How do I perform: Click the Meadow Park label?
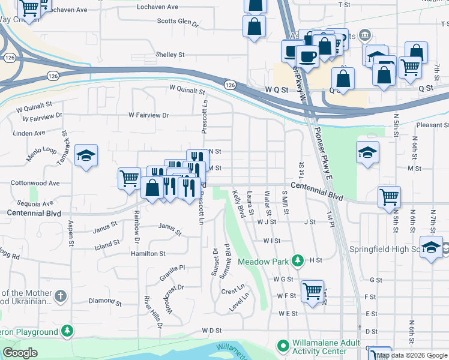[264, 262]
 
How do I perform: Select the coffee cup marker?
[308, 57]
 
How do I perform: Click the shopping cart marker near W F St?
[312, 292]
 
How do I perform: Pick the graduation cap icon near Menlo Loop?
[86, 155]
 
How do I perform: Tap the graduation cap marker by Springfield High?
[431, 247]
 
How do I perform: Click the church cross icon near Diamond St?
[60, 296]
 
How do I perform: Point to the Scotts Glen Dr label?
[177, 22]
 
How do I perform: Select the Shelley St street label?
[170, 55]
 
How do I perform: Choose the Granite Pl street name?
[172, 268]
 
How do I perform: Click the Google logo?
[20, 353]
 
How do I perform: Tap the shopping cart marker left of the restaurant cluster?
[129, 178]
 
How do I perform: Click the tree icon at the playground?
[68, 331]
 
